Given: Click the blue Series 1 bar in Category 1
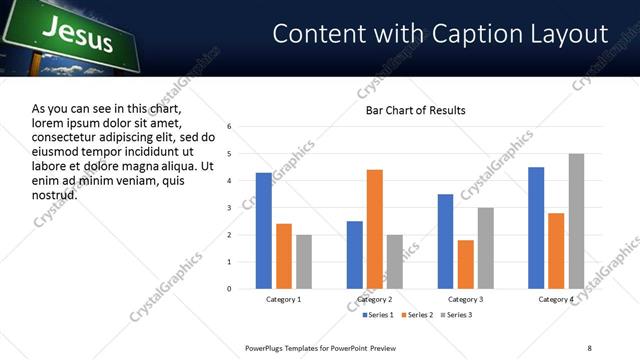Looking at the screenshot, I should click(x=264, y=231).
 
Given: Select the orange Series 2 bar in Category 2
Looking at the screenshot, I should click(x=375, y=229).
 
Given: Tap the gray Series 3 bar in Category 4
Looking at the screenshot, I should click(x=576, y=221).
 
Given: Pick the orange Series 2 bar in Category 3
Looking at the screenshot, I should click(x=465, y=264).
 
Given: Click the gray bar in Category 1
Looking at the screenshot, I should click(x=304, y=262).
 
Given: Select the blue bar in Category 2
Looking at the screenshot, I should click(x=355, y=255).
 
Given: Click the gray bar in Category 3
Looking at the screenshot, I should click(x=485, y=248).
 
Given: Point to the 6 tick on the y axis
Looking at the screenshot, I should click(x=230, y=127).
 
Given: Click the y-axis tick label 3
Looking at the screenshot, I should click(x=230, y=208).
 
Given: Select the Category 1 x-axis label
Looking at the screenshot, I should click(x=284, y=299).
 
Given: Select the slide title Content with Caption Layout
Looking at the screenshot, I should click(x=440, y=33).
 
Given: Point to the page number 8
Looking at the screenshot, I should click(x=589, y=347).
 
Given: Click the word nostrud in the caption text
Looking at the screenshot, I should click(x=54, y=195).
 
